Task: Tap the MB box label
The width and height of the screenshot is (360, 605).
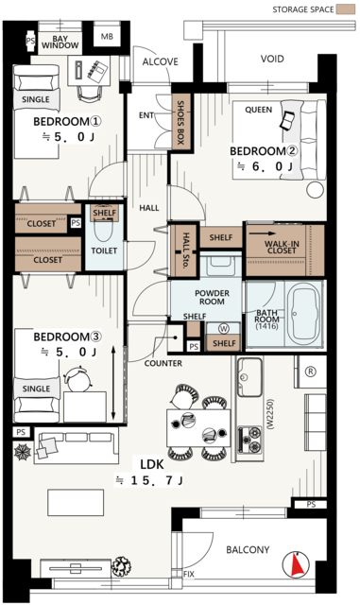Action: coord(107,37)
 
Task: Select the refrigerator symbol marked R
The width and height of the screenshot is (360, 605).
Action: coord(310,372)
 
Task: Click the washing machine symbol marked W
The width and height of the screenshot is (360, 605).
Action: coord(223,328)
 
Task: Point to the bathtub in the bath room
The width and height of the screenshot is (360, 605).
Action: coord(305,314)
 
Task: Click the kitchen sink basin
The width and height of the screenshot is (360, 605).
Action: coord(249,377)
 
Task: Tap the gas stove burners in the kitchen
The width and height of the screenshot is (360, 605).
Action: coord(249,440)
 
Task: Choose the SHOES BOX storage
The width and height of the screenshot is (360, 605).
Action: coord(181,122)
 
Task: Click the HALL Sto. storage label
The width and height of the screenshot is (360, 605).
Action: coord(185,250)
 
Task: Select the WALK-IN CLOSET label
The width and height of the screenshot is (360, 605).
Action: coord(282,247)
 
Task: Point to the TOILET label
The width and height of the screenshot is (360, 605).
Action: coord(104,251)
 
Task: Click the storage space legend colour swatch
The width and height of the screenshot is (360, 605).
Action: coord(345,9)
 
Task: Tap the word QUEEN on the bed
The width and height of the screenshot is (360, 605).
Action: coord(258,110)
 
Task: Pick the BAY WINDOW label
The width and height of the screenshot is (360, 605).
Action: coord(60,42)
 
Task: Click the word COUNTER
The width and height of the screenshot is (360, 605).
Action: coord(163,363)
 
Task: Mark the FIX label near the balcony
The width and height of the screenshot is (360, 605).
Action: coord(189,574)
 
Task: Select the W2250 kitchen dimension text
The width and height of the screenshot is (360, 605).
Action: coord(269,414)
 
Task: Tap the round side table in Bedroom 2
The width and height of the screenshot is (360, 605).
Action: coord(315,190)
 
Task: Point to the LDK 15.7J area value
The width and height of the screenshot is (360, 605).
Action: coord(149,480)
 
